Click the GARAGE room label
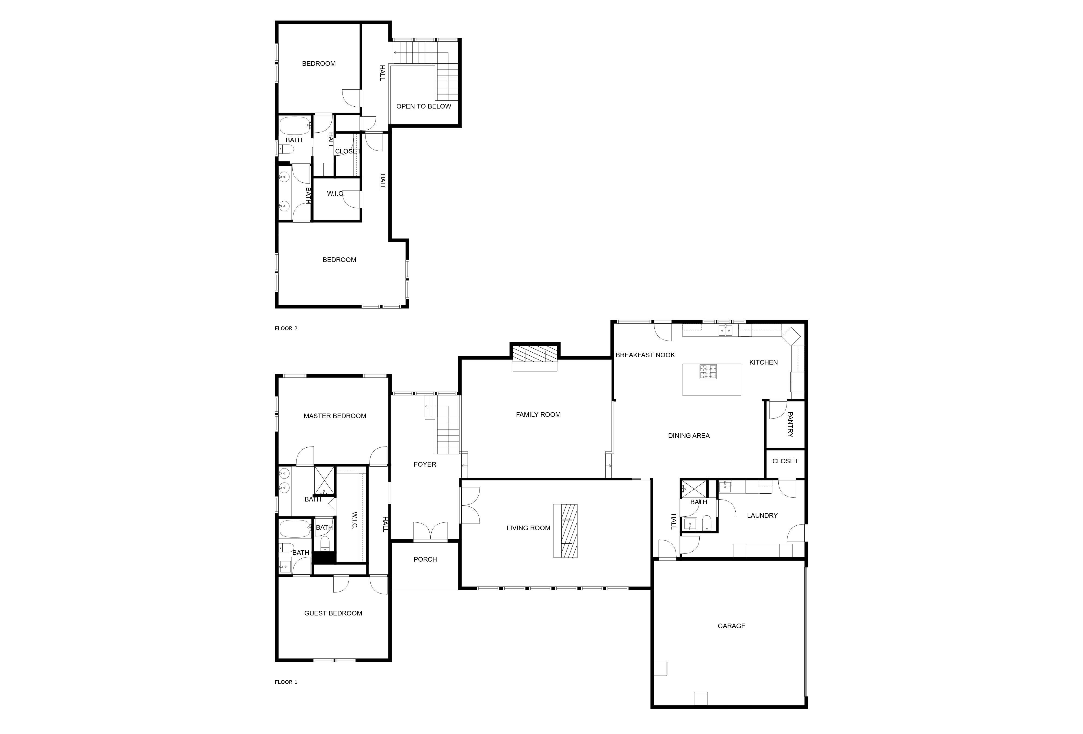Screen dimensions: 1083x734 pyautogui.click(x=731, y=626)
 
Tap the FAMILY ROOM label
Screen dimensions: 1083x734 pyautogui.click(x=538, y=415)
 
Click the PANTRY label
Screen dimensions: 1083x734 pyautogui.click(x=790, y=424)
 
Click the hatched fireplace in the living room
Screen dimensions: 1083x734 pyautogui.click(x=569, y=531)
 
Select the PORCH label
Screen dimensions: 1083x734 pyautogui.click(x=425, y=559)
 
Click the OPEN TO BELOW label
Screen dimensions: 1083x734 pyautogui.click(x=424, y=106)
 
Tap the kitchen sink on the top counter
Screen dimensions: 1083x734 pyautogui.click(x=726, y=331)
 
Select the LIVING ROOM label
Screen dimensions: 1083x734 pyautogui.click(x=529, y=528)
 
